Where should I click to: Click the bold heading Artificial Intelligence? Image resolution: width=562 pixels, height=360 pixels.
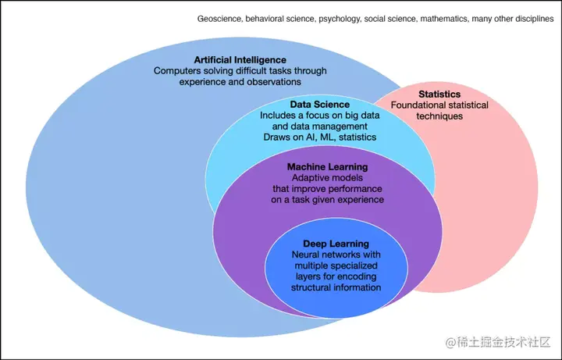(x=240, y=59)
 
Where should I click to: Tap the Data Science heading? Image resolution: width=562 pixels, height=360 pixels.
(x=319, y=104)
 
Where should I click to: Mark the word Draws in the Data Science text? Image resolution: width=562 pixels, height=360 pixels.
(x=279, y=137)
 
